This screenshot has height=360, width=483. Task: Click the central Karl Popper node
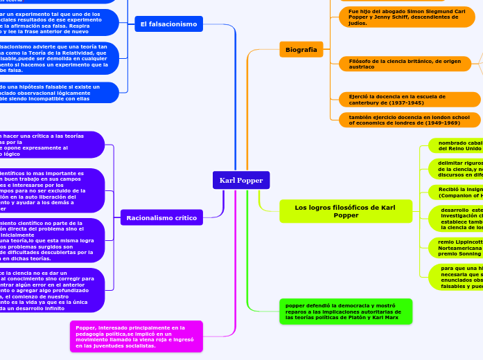(241, 180)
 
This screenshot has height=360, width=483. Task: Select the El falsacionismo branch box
(168, 24)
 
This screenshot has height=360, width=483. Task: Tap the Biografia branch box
(301, 49)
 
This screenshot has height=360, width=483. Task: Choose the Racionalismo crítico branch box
(161, 218)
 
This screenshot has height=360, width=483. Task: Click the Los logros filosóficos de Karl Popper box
(345, 211)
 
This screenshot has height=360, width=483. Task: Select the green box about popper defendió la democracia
(345, 312)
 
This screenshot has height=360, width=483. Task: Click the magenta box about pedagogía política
(137, 336)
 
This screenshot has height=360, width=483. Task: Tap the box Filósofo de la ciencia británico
(407, 64)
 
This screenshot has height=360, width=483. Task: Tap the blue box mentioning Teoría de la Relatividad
(62, 59)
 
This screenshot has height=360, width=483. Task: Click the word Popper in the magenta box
(86, 327)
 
